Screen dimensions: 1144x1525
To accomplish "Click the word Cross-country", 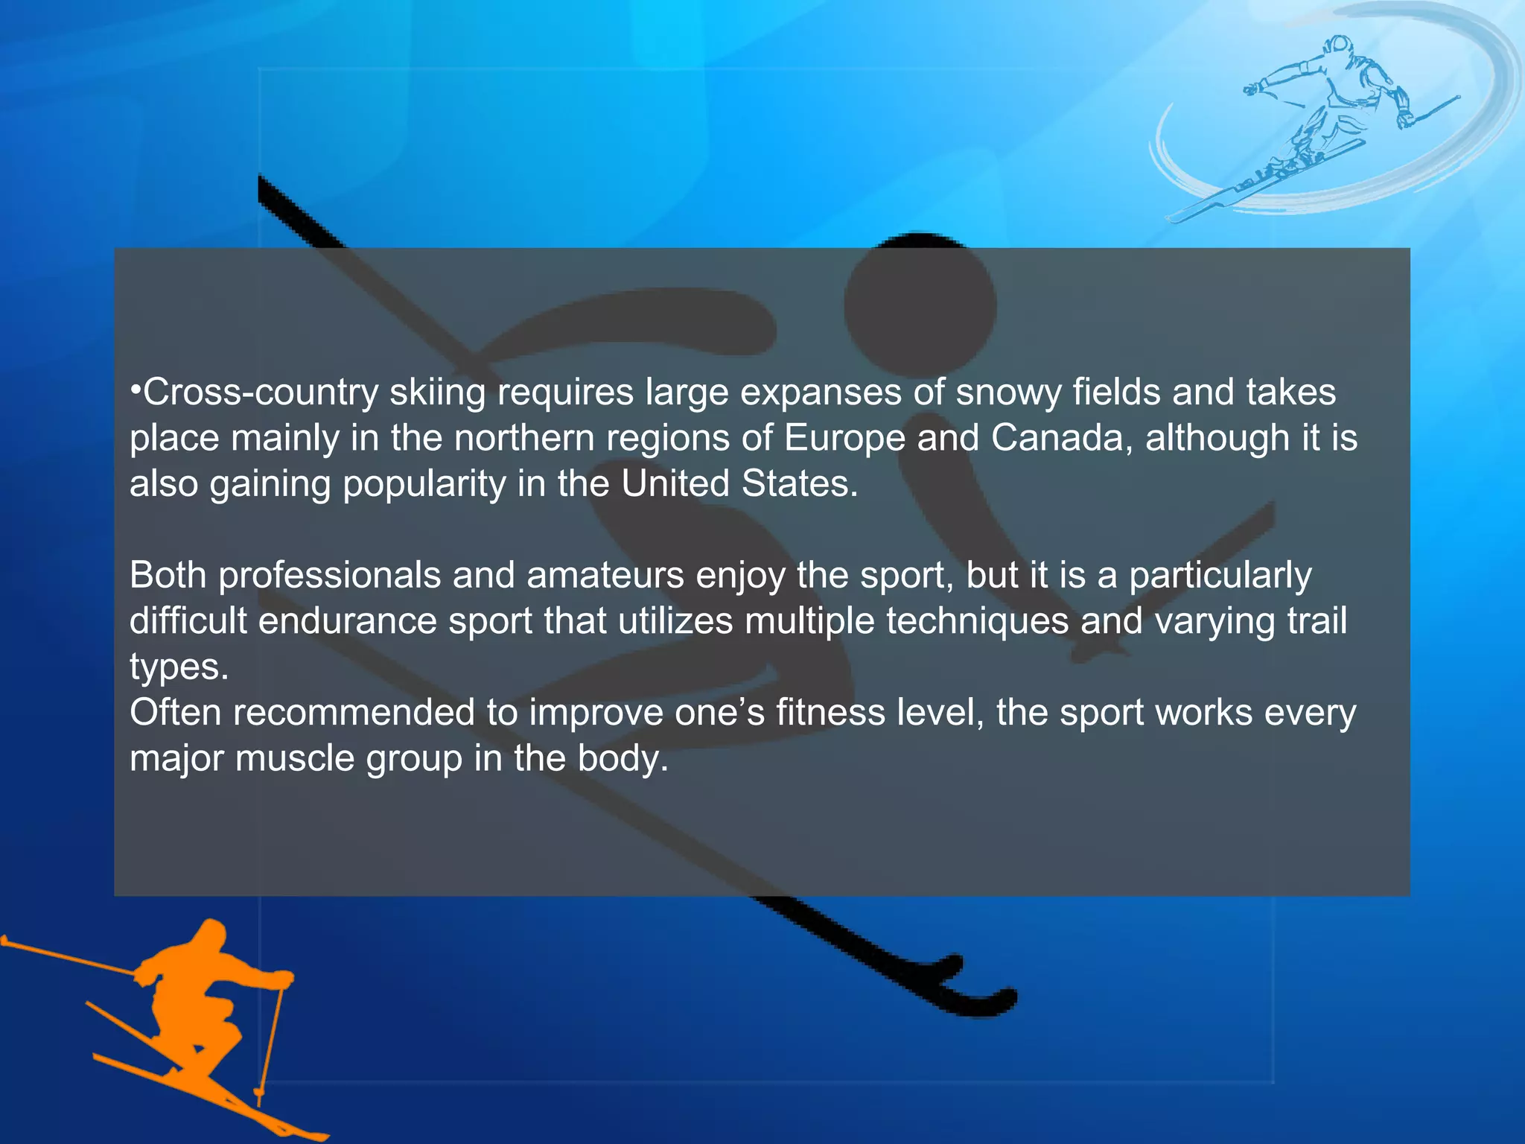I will pyautogui.click(x=261, y=393).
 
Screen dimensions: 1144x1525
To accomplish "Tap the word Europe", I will pyautogui.click(x=844, y=438).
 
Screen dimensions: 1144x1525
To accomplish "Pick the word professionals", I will pyautogui.click(x=330, y=576).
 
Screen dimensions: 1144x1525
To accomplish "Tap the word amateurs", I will pyautogui.click(x=605, y=576).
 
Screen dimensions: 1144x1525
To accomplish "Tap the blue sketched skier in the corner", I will pyautogui.click(x=1333, y=112).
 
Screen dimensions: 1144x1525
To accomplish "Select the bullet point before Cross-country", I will pyautogui.click(x=136, y=390).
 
